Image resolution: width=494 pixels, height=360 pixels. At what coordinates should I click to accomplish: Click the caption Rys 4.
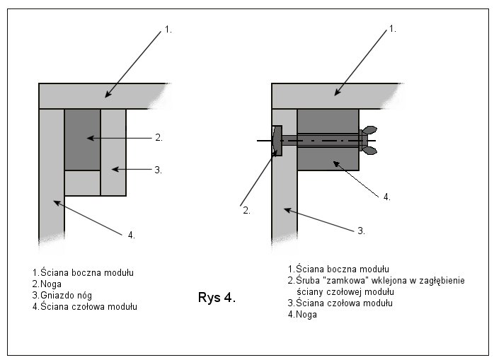(x=216, y=298)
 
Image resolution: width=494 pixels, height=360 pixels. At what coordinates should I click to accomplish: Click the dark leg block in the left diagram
(x=82, y=139)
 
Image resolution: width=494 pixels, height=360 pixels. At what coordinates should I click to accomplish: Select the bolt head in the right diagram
(x=277, y=140)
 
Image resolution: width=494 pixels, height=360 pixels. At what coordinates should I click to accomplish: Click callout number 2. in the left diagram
(x=159, y=138)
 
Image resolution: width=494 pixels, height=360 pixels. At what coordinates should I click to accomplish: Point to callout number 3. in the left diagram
(x=159, y=170)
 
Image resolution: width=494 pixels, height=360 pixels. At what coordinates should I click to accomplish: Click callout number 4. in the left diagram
(x=131, y=234)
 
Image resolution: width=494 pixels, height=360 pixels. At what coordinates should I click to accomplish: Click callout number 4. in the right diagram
(x=386, y=197)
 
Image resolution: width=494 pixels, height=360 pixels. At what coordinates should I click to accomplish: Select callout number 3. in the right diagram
(x=361, y=231)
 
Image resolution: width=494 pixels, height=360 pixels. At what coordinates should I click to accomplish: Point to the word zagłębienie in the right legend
(x=440, y=280)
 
